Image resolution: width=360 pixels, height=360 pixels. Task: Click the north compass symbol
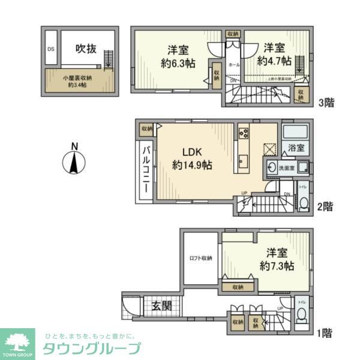[x=73, y=161]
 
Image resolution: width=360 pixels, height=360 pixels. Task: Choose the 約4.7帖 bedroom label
[x=274, y=55]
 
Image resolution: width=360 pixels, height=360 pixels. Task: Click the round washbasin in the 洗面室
[x=274, y=169]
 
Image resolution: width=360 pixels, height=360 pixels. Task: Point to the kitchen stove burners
[x=244, y=133]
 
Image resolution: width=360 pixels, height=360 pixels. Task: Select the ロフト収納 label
[x=199, y=259]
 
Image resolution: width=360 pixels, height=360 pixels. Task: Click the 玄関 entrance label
[x=161, y=305]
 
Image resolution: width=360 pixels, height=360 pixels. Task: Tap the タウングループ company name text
[x=91, y=349]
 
